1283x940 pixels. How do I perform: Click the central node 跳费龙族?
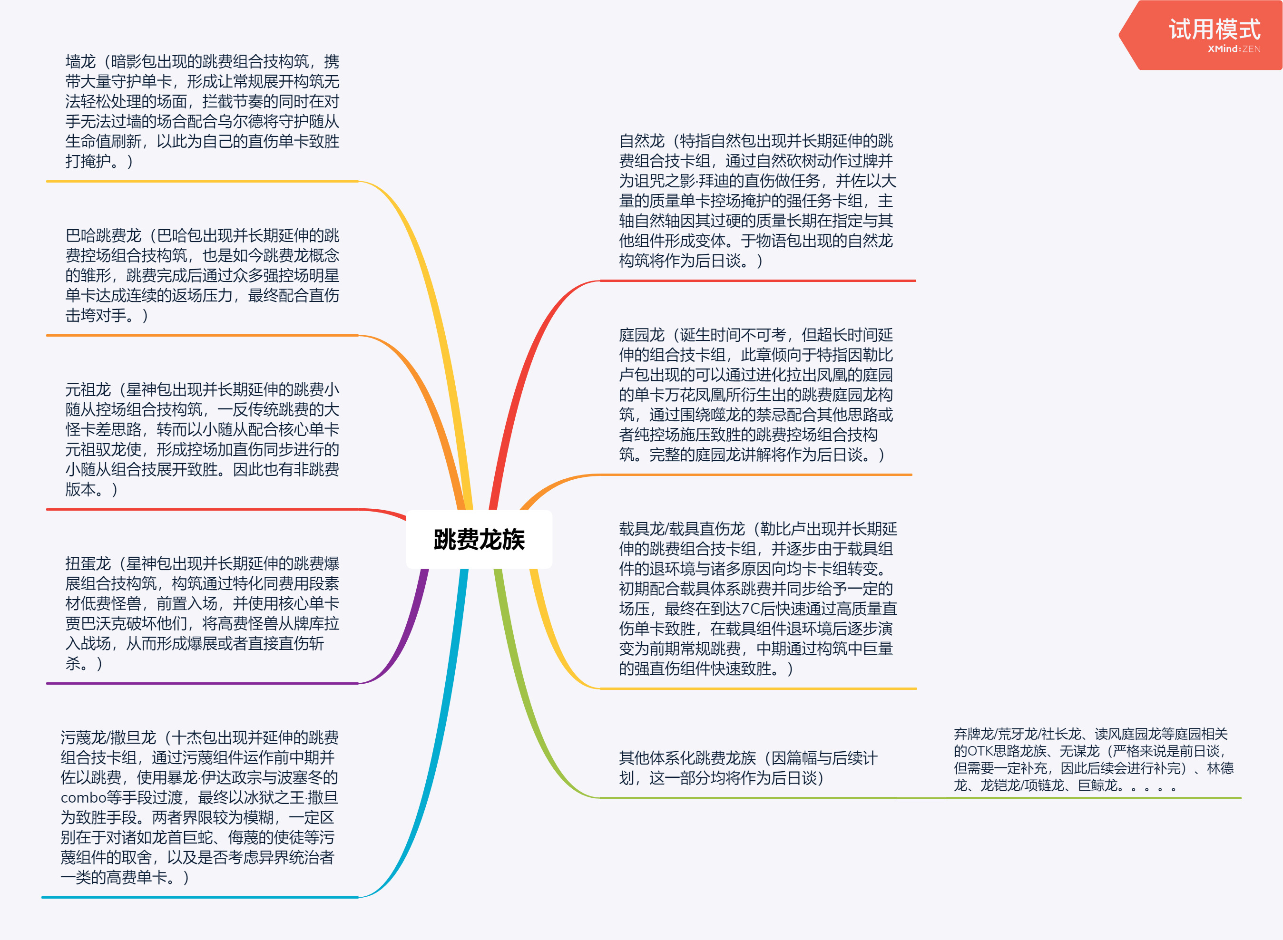point(479,540)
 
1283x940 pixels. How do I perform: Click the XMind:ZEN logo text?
point(1234,49)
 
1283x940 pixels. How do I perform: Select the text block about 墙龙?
point(202,111)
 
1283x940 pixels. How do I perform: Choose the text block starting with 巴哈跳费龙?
point(202,275)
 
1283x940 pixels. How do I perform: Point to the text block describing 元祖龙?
point(202,439)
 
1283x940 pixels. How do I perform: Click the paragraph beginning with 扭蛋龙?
point(202,613)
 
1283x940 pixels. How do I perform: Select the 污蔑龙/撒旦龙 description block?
point(199,807)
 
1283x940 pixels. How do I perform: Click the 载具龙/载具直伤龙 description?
point(758,599)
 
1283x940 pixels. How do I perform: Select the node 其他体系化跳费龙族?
point(748,767)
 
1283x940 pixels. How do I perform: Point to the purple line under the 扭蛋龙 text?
point(202,683)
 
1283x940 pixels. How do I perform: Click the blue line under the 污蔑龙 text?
point(200,897)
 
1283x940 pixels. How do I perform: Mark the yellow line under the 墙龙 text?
point(202,182)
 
